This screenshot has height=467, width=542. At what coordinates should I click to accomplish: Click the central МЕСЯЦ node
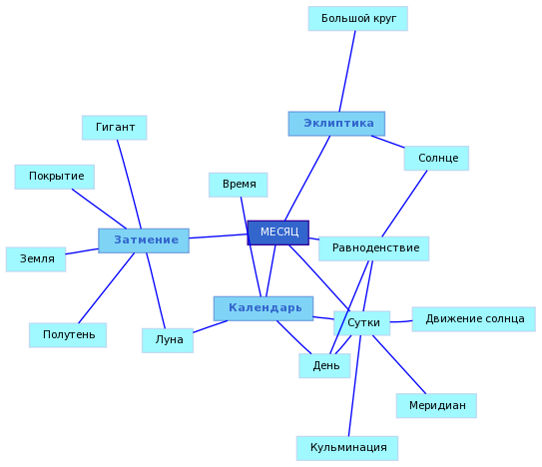coord(278,233)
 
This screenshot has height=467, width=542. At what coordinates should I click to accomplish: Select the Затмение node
coord(144,240)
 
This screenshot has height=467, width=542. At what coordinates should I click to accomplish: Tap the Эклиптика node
coord(336,124)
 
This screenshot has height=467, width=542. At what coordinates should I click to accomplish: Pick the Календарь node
coord(264,308)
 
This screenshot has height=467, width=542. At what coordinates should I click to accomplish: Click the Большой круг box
coord(358,19)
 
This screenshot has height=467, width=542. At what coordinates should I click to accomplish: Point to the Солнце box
coord(436,159)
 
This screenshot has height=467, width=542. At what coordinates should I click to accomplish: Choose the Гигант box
coord(115,128)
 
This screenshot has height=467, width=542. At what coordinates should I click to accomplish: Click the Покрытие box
coord(55,177)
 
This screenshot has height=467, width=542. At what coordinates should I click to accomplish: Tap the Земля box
coord(36,259)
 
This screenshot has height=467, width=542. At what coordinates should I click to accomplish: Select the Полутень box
coord(68,335)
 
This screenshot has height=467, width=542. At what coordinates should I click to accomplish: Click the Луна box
coord(168,340)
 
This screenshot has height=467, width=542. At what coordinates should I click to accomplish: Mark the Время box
coord(239,185)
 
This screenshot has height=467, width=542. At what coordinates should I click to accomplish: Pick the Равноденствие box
coord(374,248)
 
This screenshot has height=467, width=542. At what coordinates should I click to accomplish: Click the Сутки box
coord(362,323)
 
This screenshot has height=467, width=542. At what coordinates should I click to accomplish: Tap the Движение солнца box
coord(474,319)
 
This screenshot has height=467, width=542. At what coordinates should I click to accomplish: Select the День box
coord(324,366)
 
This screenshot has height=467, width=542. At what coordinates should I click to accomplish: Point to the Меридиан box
coord(436,405)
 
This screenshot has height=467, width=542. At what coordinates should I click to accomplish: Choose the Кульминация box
coord(347,448)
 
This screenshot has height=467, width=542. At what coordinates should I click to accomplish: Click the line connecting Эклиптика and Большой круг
coord(347,71)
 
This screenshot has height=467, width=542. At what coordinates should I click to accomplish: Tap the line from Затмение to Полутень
coord(107,288)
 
